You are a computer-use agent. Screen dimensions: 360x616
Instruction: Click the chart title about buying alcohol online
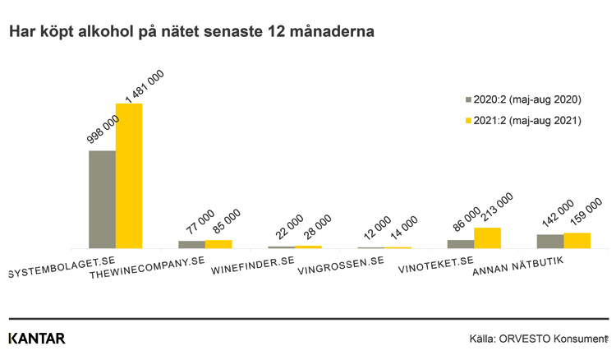pos(192,32)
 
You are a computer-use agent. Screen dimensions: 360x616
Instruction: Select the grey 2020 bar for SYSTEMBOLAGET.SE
pos(102,199)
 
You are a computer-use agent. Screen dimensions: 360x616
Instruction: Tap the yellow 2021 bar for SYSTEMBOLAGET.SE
pos(129,175)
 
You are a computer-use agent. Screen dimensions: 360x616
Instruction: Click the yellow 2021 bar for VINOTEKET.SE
pos(487,238)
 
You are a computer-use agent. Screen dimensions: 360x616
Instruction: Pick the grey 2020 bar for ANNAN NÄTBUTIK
pos(550,241)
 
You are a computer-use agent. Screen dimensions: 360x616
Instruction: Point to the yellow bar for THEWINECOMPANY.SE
pos(218,243)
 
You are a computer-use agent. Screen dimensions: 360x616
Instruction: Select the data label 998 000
pos(105,130)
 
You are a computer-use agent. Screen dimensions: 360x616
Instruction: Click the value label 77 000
pos(200,224)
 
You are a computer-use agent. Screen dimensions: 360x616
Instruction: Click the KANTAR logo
pos(36,339)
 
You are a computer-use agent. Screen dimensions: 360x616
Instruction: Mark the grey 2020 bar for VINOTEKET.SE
pos(460,243)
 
